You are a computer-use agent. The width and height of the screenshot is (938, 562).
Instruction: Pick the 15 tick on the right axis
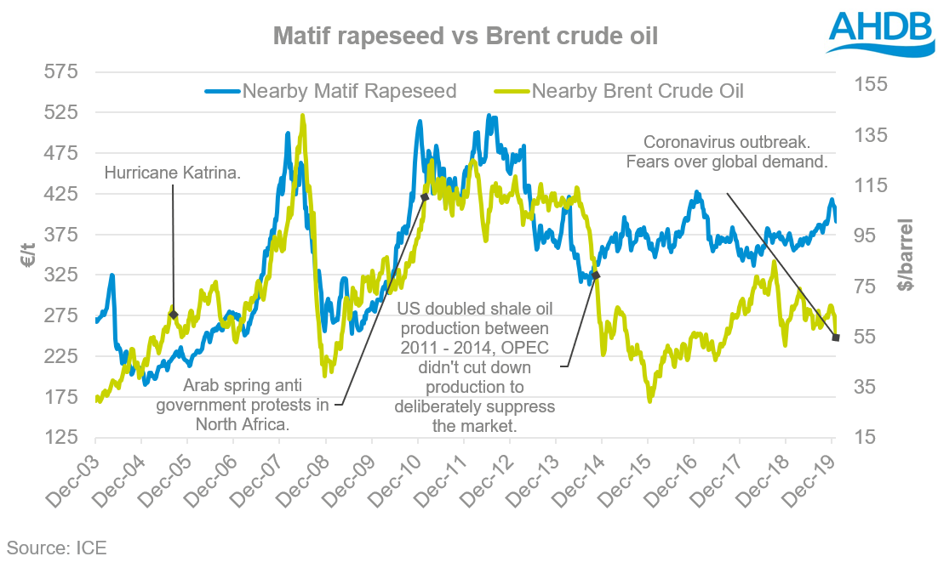point(867,437)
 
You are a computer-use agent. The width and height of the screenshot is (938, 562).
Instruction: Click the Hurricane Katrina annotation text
point(173,173)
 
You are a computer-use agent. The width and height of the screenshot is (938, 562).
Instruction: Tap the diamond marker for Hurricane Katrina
point(173,315)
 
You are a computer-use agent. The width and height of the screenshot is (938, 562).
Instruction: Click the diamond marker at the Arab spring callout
point(424,197)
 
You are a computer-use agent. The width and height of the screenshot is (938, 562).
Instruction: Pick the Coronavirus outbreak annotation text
point(735,151)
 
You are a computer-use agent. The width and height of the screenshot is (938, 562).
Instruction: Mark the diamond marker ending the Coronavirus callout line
point(836,338)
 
